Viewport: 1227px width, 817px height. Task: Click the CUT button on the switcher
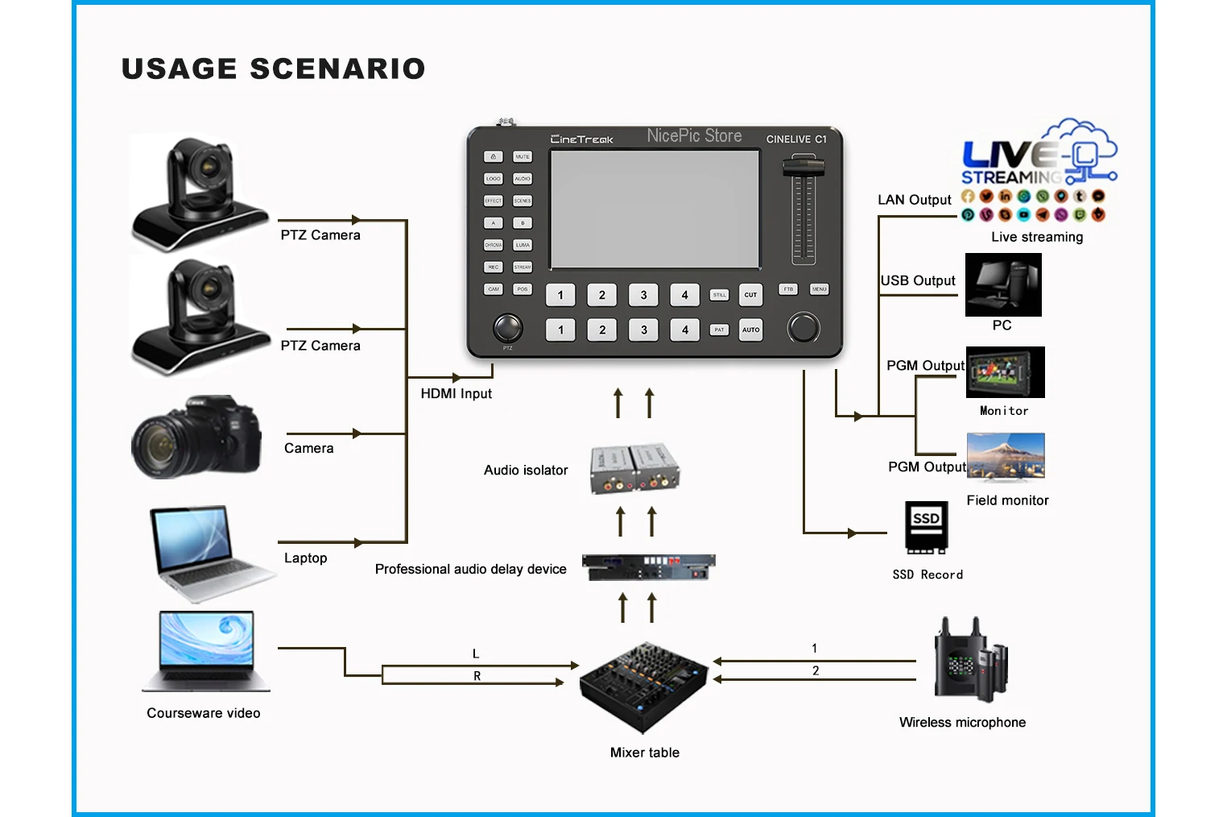click(750, 295)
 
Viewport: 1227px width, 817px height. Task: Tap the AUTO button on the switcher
click(750, 330)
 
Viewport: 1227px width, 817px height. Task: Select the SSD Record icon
click(926, 528)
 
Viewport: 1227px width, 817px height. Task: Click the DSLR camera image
click(196, 437)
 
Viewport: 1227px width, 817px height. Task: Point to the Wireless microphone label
click(962, 723)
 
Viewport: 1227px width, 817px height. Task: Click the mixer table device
click(643, 687)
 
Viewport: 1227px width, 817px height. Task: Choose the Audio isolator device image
click(635, 468)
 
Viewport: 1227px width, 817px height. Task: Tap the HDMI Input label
click(456, 394)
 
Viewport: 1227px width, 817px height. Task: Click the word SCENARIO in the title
click(337, 69)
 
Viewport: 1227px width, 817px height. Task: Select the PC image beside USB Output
click(1003, 284)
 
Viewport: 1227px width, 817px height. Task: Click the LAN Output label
click(914, 200)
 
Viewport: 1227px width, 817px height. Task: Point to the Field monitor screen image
click(1006, 456)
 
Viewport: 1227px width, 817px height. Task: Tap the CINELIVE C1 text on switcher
click(795, 139)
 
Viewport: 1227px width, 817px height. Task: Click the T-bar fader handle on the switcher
click(803, 168)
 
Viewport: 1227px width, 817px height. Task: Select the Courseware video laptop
click(207, 651)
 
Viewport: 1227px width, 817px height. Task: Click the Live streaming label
click(1037, 237)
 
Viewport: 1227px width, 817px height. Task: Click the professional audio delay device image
click(648, 567)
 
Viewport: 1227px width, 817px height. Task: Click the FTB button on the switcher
click(788, 289)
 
